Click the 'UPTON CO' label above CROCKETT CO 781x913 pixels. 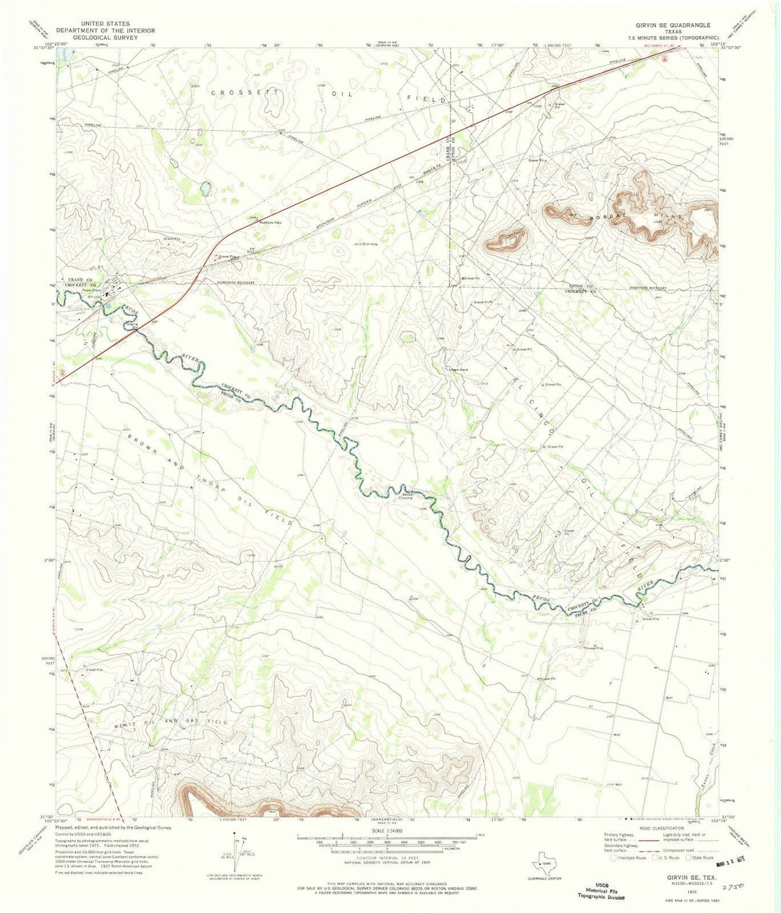[580, 287]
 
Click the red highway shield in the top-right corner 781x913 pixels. [665, 59]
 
